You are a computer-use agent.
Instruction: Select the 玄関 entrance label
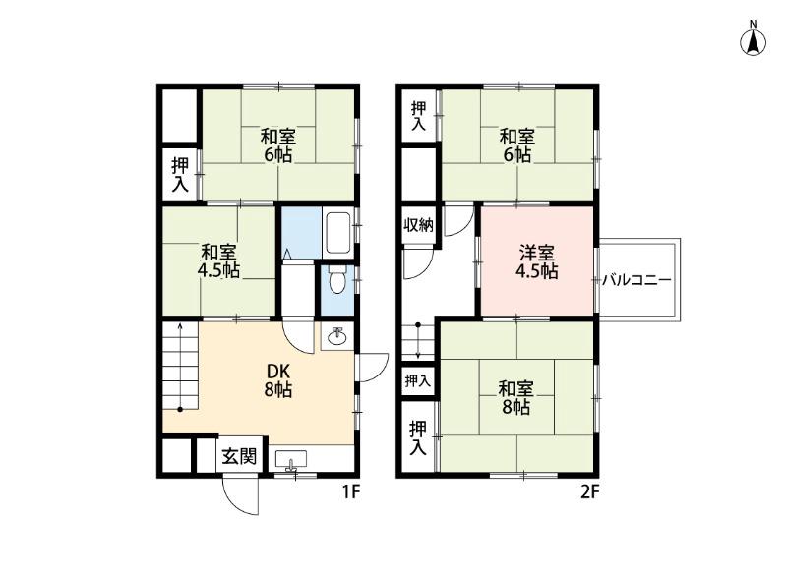click(239, 455)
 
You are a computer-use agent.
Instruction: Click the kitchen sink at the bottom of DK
click(292, 459)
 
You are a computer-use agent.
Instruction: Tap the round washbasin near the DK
click(336, 337)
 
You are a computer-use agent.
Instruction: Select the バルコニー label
click(636, 280)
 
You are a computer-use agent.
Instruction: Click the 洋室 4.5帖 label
click(537, 262)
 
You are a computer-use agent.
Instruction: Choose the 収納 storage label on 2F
click(418, 225)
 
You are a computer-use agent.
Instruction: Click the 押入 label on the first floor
click(180, 173)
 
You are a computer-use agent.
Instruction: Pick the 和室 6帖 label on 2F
click(516, 144)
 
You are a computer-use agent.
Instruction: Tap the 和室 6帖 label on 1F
click(278, 144)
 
